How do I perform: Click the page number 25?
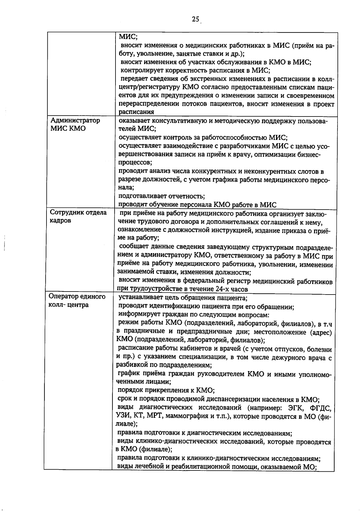coord(195,20)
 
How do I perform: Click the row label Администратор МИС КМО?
coord(75,124)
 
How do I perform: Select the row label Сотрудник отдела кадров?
coord(78,216)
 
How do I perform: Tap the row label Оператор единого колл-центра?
coord(77,301)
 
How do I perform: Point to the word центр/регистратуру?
coord(149,87)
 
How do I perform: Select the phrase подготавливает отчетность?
coord(161,196)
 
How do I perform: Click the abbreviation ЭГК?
coord(296,408)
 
